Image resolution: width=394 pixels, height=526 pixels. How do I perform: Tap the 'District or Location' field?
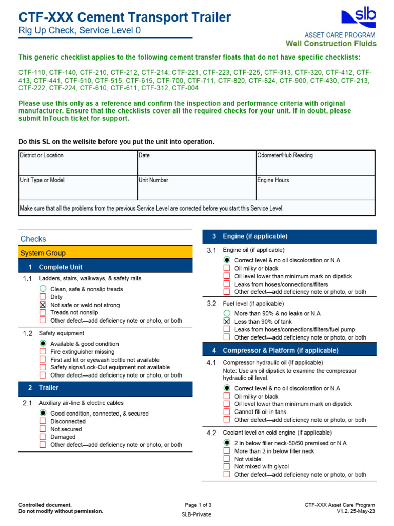coord(77,162)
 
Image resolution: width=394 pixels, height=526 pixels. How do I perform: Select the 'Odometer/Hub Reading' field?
coord(315,162)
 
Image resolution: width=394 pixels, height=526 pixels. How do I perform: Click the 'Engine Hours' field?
coord(315,187)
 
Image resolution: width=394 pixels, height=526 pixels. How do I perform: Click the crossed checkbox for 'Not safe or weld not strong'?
coord(43,305)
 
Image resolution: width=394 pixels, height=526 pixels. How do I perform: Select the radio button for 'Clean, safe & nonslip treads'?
coord(43,289)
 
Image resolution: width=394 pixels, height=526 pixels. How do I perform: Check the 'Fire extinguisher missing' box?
coord(43,351)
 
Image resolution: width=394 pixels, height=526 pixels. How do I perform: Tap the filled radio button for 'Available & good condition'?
coord(43,344)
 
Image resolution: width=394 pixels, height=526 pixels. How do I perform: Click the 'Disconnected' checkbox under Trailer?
coord(43,421)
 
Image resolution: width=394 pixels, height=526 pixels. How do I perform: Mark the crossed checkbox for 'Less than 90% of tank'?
coord(227,321)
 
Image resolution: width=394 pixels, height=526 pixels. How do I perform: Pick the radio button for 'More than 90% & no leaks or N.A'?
coord(227,313)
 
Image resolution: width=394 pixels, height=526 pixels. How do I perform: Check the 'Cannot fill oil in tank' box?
coord(227,411)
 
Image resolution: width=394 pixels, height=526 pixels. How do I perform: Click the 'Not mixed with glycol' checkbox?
coord(227,466)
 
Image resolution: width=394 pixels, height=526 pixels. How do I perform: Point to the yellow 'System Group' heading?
coord(105,253)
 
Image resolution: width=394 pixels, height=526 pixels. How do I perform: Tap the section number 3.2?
coord(211,304)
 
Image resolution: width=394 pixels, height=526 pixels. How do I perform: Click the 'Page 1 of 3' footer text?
coord(198,505)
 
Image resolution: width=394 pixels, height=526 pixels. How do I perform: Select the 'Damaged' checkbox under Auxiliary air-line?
coord(43,437)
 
